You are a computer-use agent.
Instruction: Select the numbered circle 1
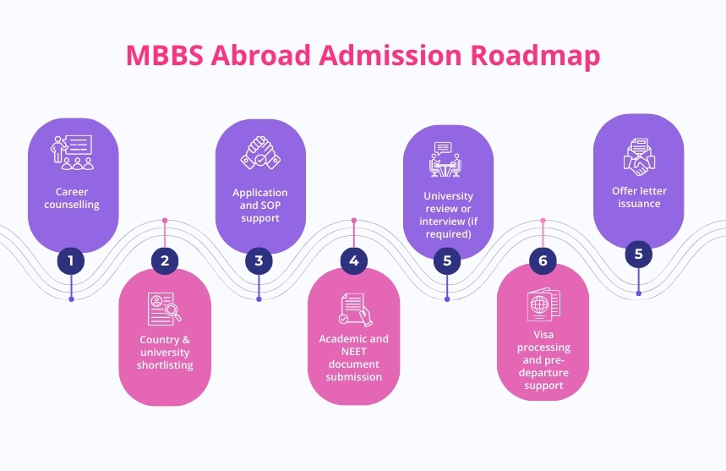point(71,260)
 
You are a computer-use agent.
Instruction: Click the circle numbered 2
point(165,260)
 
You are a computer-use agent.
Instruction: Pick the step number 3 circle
point(259,260)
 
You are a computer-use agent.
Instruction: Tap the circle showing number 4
point(353,260)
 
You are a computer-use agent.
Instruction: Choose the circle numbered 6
point(543,260)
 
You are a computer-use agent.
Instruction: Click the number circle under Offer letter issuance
point(638,253)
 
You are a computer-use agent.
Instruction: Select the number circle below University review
point(447,260)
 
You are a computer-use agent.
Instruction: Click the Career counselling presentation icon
point(72,152)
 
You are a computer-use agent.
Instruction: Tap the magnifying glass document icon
point(165,309)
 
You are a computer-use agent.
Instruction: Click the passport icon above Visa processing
point(543,305)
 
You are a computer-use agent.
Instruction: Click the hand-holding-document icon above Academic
point(354,309)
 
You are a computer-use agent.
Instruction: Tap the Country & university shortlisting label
point(165,353)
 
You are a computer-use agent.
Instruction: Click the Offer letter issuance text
point(636,197)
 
